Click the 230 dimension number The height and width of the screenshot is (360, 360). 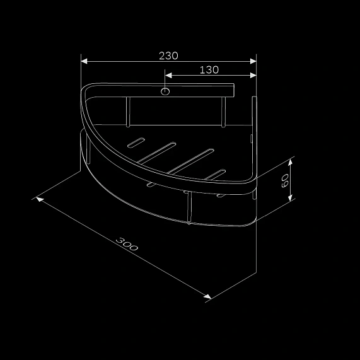(168, 55)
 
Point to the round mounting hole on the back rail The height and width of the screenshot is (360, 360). (165, 92)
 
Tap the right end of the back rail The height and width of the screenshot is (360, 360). (232, 92)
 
